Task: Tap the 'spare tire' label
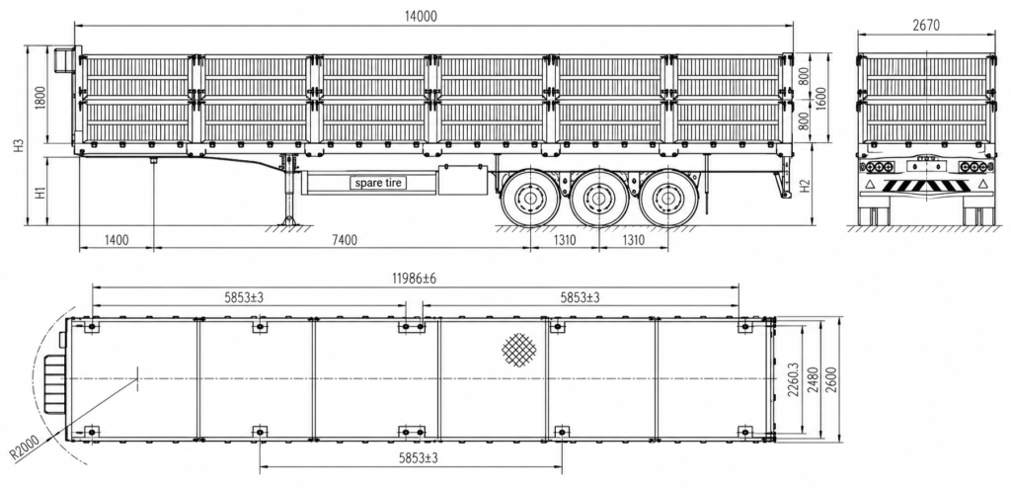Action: [x=378, y=183]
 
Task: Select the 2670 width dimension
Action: [x=925, y=25]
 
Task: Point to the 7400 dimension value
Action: [x=344, y=240]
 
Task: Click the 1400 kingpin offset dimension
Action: [x=117, y=240]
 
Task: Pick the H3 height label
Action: [x=20, y=145]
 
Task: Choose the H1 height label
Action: [x=39, y=192]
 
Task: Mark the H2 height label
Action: [x=804, y=186]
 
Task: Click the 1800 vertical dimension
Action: [x=39, y=96]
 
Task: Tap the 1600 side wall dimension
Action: [x=822, y=96]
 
